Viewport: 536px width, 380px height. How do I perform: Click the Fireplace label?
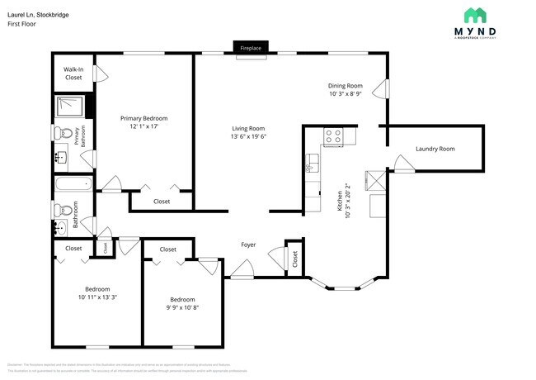coord(251,49)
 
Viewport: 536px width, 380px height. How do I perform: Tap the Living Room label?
coord(247,128)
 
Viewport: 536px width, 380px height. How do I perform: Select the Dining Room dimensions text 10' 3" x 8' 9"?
coord(346,94)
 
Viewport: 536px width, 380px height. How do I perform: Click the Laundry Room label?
coord(435,149)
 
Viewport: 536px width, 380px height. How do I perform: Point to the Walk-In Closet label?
coord(73,73)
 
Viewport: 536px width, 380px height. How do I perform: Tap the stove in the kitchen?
coord(333,137)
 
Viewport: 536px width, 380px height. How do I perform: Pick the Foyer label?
coord(247,245)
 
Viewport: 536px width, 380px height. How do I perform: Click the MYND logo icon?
coord(474,16)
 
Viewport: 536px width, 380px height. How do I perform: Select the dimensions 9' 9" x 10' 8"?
coord(182,307)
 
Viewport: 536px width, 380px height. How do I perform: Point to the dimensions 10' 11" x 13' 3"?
coord(97,297)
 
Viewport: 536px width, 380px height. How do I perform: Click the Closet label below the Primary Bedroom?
coord(162,201)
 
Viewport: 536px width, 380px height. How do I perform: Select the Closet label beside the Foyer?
coord(294,259)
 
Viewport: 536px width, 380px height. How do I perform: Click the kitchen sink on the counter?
coord(311,164)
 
